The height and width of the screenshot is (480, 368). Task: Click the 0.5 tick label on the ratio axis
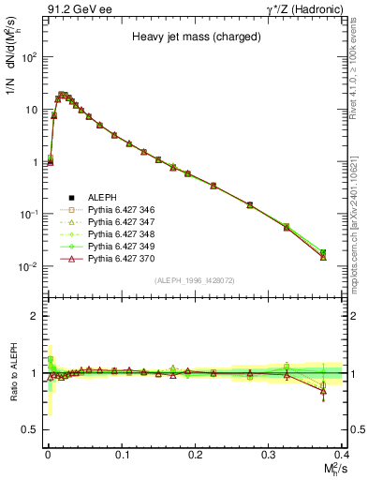[x=32, y=429]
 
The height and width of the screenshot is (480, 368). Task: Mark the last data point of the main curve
[x=323, y=255]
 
